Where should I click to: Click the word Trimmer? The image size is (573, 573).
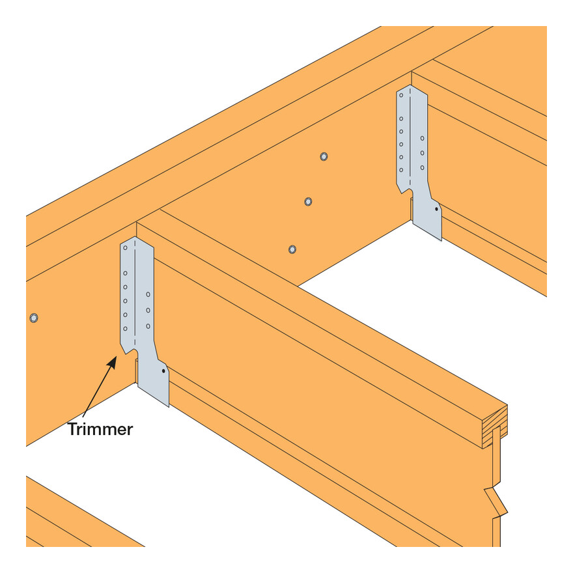point(100,429)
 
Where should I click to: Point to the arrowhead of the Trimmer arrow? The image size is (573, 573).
point(113,363)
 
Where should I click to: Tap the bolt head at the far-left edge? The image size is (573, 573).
point(34,318)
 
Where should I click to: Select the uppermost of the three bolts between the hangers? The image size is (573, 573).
point(324,157)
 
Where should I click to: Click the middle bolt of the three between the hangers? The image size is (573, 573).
point(308,202)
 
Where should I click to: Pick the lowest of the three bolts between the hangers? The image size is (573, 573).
point(292,249)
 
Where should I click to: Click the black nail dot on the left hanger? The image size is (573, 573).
point(163,371)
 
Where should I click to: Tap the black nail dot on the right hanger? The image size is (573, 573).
point(436,210)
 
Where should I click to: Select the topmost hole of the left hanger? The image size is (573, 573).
point(125,248)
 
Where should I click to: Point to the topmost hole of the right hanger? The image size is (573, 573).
point(401,95)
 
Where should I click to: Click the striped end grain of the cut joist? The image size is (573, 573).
point(495,427)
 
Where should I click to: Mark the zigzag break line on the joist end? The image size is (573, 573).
point(496,501)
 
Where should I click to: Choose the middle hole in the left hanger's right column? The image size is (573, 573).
point(148,310)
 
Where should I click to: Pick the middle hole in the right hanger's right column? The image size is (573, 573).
point(422,153)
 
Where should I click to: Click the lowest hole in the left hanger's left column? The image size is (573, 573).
point(125,329)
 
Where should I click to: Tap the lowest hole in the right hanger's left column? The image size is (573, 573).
point(401,170)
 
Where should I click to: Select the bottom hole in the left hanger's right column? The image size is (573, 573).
point(148,326)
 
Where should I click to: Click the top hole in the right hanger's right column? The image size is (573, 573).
point(422,139)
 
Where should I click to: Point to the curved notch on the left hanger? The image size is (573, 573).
point(133,351)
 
